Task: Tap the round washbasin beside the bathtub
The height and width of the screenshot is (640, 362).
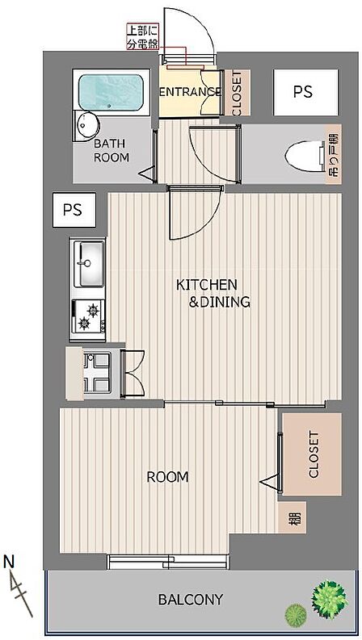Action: point(88,126)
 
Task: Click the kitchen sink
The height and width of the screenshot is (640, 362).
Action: point(88,263)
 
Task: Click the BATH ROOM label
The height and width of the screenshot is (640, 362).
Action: point(112,150)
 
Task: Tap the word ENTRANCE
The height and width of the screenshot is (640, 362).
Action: point(190,92)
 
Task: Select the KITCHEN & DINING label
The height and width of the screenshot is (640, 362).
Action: point(213,293)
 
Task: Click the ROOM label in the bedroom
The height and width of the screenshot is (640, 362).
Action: point(167,477)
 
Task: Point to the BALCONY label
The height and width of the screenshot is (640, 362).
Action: point(191,600)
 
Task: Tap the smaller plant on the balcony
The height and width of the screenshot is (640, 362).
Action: point(296,614)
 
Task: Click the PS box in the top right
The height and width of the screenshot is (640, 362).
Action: point(306,92)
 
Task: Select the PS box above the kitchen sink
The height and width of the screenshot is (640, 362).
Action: point(74,210)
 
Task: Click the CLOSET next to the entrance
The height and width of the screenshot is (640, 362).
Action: point(237,93)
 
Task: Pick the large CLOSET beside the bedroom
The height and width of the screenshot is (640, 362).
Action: point(312,454)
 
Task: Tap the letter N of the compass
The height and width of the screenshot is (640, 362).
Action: point(9,562)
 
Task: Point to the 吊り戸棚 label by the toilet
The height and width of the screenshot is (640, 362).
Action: point(334,154)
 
